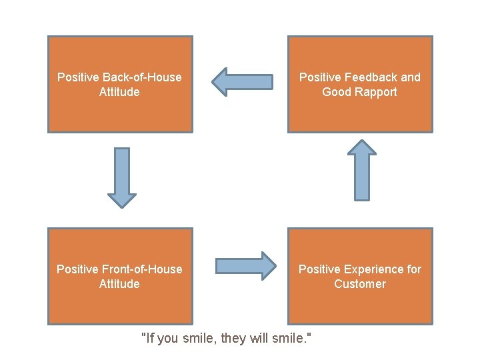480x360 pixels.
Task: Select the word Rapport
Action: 377,92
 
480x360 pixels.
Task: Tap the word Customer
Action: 360,284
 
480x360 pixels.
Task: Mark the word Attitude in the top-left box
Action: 119,92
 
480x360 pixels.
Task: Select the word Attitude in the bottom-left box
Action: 119,284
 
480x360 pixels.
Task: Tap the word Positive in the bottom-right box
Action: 319,269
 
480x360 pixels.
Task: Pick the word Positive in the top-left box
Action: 78,77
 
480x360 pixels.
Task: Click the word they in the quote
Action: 233,339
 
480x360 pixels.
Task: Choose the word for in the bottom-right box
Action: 414,269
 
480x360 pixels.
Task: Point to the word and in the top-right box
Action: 411,77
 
